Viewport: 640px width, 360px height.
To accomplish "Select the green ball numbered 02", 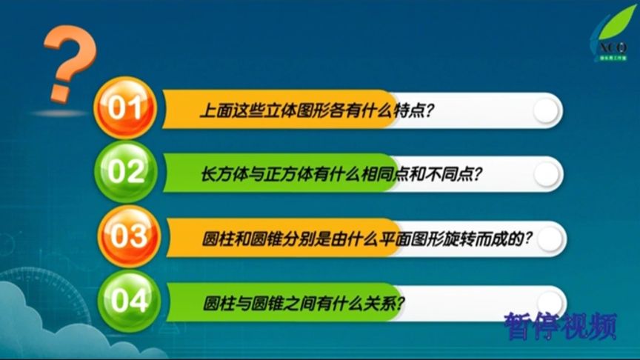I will [x=124, y=173].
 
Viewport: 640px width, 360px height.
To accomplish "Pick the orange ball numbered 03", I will [x=124, y=237].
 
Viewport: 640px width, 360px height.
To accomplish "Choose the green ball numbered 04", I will [x=124, y=301].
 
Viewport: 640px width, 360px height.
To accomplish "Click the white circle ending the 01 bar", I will [x=546, y=111].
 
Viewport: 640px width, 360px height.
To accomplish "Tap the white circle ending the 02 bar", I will [x=546, y=175].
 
